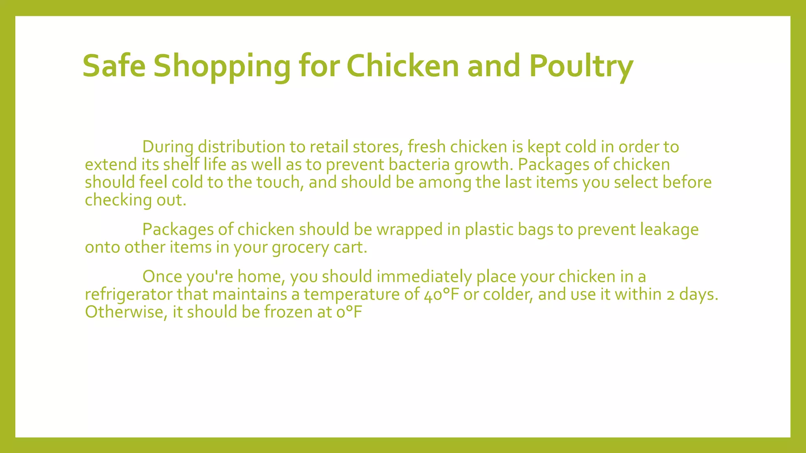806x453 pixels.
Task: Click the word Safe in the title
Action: (114, 66)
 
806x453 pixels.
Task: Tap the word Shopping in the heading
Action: (222, 66)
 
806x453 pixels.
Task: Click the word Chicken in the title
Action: (403, 66)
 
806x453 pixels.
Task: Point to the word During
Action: (168, 147)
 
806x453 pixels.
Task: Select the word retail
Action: (329, 147)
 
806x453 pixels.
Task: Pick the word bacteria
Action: (419, 164)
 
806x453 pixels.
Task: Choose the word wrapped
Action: (410, 230)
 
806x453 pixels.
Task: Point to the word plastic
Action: (489, 230)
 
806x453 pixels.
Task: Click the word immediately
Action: (424, 277)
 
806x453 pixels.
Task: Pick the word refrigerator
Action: (129, 295)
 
